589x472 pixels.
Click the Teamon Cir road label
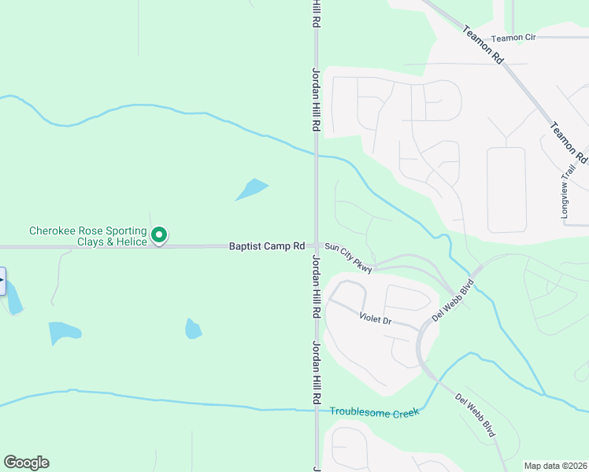click(x=513, y=38)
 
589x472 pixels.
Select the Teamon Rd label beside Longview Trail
click(x=569, y=142)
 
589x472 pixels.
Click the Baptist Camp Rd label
click(x=266, y=246)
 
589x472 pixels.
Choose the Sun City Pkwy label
click(x=348, y=256)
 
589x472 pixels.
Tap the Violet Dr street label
click(x=375, y=319)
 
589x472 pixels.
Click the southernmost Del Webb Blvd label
click(x=475, y=414)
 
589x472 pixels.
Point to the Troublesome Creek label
click(x=375, y=411)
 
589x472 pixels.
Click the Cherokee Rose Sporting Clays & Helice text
click(x=88, y=236)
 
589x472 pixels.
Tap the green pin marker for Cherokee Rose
click(x=159, y=234)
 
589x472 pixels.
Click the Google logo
click(x=26, y=463)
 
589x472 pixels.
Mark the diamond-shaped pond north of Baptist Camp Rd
click(x=251, y=190)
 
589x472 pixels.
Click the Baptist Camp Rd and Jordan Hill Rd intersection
click(x=317, y=246)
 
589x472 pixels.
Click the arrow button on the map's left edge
click(x=2, y=281)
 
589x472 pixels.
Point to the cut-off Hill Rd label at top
click(x=317, y=14)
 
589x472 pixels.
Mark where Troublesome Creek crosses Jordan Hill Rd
click(x=317, y=409)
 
